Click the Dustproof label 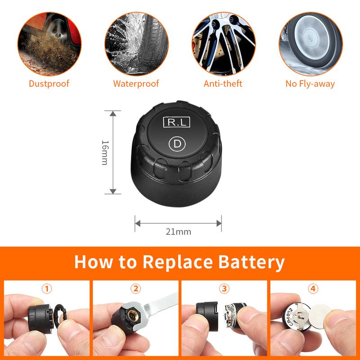(49, 84)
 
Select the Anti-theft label (223, 84)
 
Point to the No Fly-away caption (310, 84)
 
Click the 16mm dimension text (104, 152)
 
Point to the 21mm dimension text (179, 232)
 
